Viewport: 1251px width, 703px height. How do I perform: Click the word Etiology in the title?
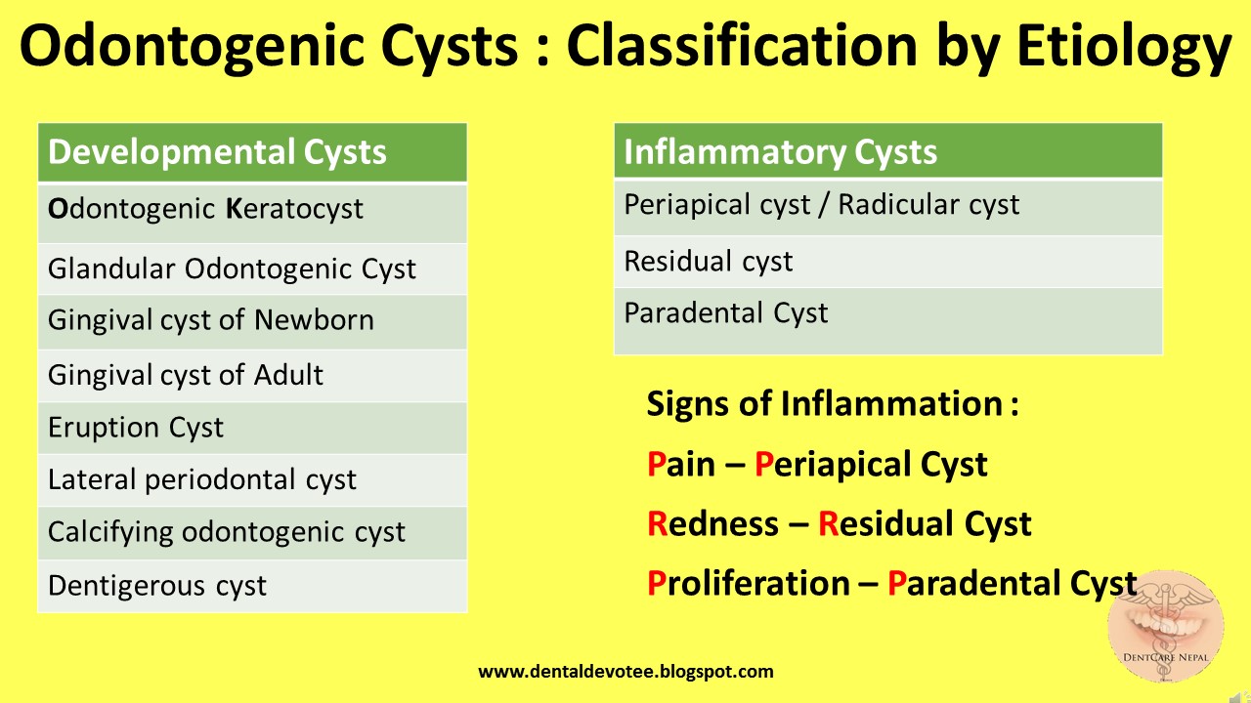(1124, 47)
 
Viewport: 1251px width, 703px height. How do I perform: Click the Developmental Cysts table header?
(252, 152)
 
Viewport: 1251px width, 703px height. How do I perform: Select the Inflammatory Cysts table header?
(888, 151)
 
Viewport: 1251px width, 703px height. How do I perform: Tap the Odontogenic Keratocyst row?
(252, 213)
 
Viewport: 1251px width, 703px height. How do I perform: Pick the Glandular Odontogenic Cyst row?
(252, 269)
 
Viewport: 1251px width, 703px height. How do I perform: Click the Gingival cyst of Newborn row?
(252, 322)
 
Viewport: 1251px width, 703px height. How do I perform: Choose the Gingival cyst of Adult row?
(252, 376)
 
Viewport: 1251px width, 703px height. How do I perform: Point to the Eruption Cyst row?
(252, 428)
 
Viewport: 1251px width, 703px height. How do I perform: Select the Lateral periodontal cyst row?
(252, 480)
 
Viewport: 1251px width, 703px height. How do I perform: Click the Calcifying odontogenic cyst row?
(252, 533)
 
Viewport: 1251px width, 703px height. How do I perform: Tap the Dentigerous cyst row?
(252, 586)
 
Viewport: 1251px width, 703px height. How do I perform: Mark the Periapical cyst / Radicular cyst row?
(888, 207)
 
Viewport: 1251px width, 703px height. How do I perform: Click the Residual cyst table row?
(888, 262)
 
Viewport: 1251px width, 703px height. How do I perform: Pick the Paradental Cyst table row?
(888, 321)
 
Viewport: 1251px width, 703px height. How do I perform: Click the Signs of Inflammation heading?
(832, 403)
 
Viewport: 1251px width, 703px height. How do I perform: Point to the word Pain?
(681, 464)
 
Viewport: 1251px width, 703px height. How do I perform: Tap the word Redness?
(712, 523)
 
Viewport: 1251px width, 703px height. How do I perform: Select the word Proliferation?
(749, 583)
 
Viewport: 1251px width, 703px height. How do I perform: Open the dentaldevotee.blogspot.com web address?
(626, 671)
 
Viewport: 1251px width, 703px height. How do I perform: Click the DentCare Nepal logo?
(1166, 626)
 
